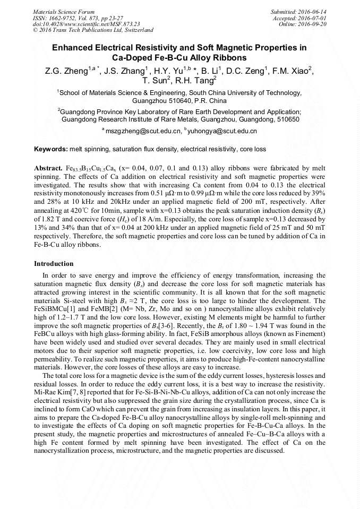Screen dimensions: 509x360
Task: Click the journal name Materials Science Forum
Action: [x=64, y=11]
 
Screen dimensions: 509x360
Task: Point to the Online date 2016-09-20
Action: [x=315, y=24]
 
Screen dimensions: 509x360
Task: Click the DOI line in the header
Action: [x=86, y=24]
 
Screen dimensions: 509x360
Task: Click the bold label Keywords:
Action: [x=51, y=149]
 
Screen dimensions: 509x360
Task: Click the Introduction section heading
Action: [x=54, y=264]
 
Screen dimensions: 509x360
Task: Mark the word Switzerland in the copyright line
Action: [x=137, y=30]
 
